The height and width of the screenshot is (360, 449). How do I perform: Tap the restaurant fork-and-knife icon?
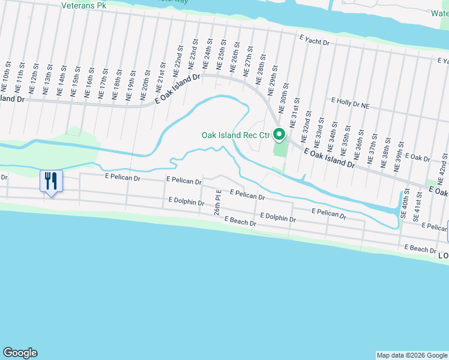(50, 180)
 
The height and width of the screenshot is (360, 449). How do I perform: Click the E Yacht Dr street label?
(315, 40)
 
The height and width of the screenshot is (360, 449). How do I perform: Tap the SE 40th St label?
(406, 204)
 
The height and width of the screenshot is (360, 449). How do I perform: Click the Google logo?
(20, 352)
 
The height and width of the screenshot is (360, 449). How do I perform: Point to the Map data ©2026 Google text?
(412, 355)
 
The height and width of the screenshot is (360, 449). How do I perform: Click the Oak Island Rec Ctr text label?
(235, 135)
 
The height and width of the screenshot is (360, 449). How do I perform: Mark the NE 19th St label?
(129, 88)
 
